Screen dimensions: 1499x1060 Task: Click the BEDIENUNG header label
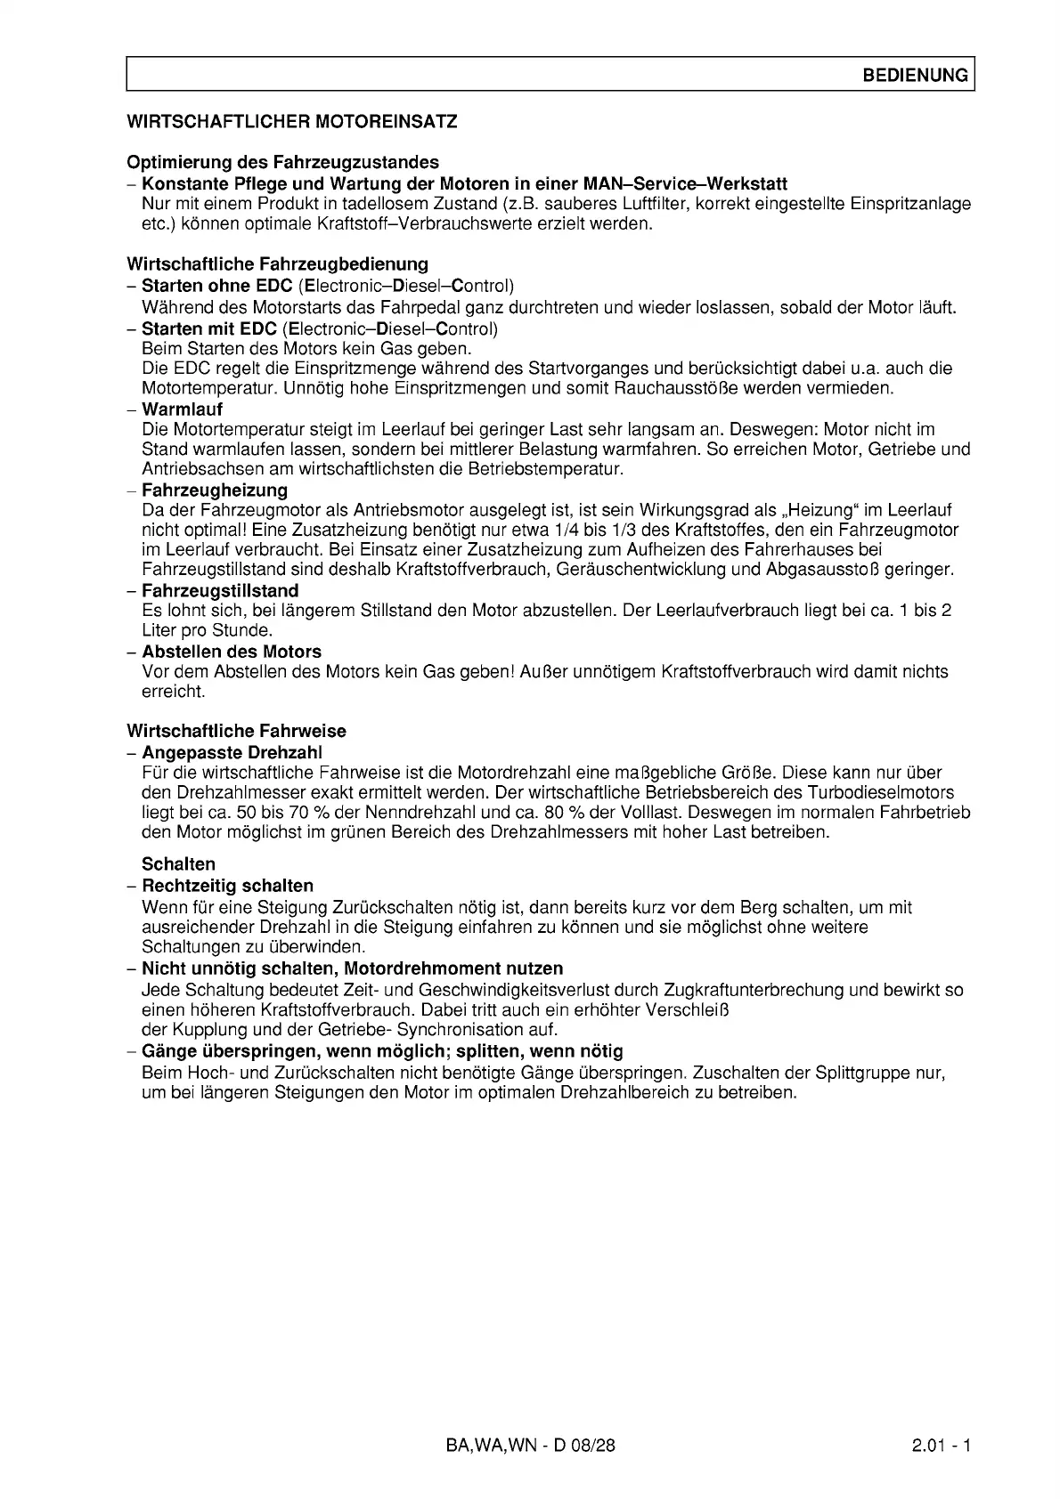click(x=915, y=76)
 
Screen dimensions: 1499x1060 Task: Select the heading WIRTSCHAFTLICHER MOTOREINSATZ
click(x=292, y=122)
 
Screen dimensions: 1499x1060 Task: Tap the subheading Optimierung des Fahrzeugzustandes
click(x=282, y=163)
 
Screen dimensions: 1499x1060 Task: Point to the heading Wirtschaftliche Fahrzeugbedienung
click(x=277, y=264)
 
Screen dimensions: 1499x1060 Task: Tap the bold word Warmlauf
click(x=182, y=409)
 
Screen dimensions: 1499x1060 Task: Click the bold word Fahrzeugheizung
click(x=214, y=490)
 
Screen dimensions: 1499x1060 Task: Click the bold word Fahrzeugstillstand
click(x=220, y=591)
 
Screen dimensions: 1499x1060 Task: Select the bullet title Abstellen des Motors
click(x=232, y=652)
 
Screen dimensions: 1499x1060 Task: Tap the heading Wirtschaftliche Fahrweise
click(x=236, y=732)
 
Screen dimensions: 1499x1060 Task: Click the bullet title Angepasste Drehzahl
click(x=232, y=753)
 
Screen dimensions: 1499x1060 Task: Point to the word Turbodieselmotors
click(x=880, y=793)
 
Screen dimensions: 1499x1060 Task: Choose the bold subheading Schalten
click(x=178, y=864)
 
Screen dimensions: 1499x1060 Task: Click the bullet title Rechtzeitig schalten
click(x=227, y=887)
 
